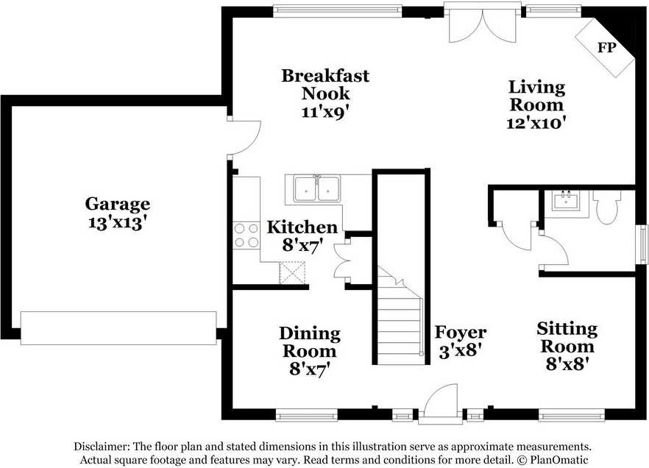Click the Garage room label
(117, 204)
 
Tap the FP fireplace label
(606, 49)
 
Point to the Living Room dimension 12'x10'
(536, 123)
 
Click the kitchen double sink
(316, 188)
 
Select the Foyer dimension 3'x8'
(461, 350)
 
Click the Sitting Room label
(567, 337)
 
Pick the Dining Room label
(310, 342)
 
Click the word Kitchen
(302, 227)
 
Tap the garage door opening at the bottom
(118, 328)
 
